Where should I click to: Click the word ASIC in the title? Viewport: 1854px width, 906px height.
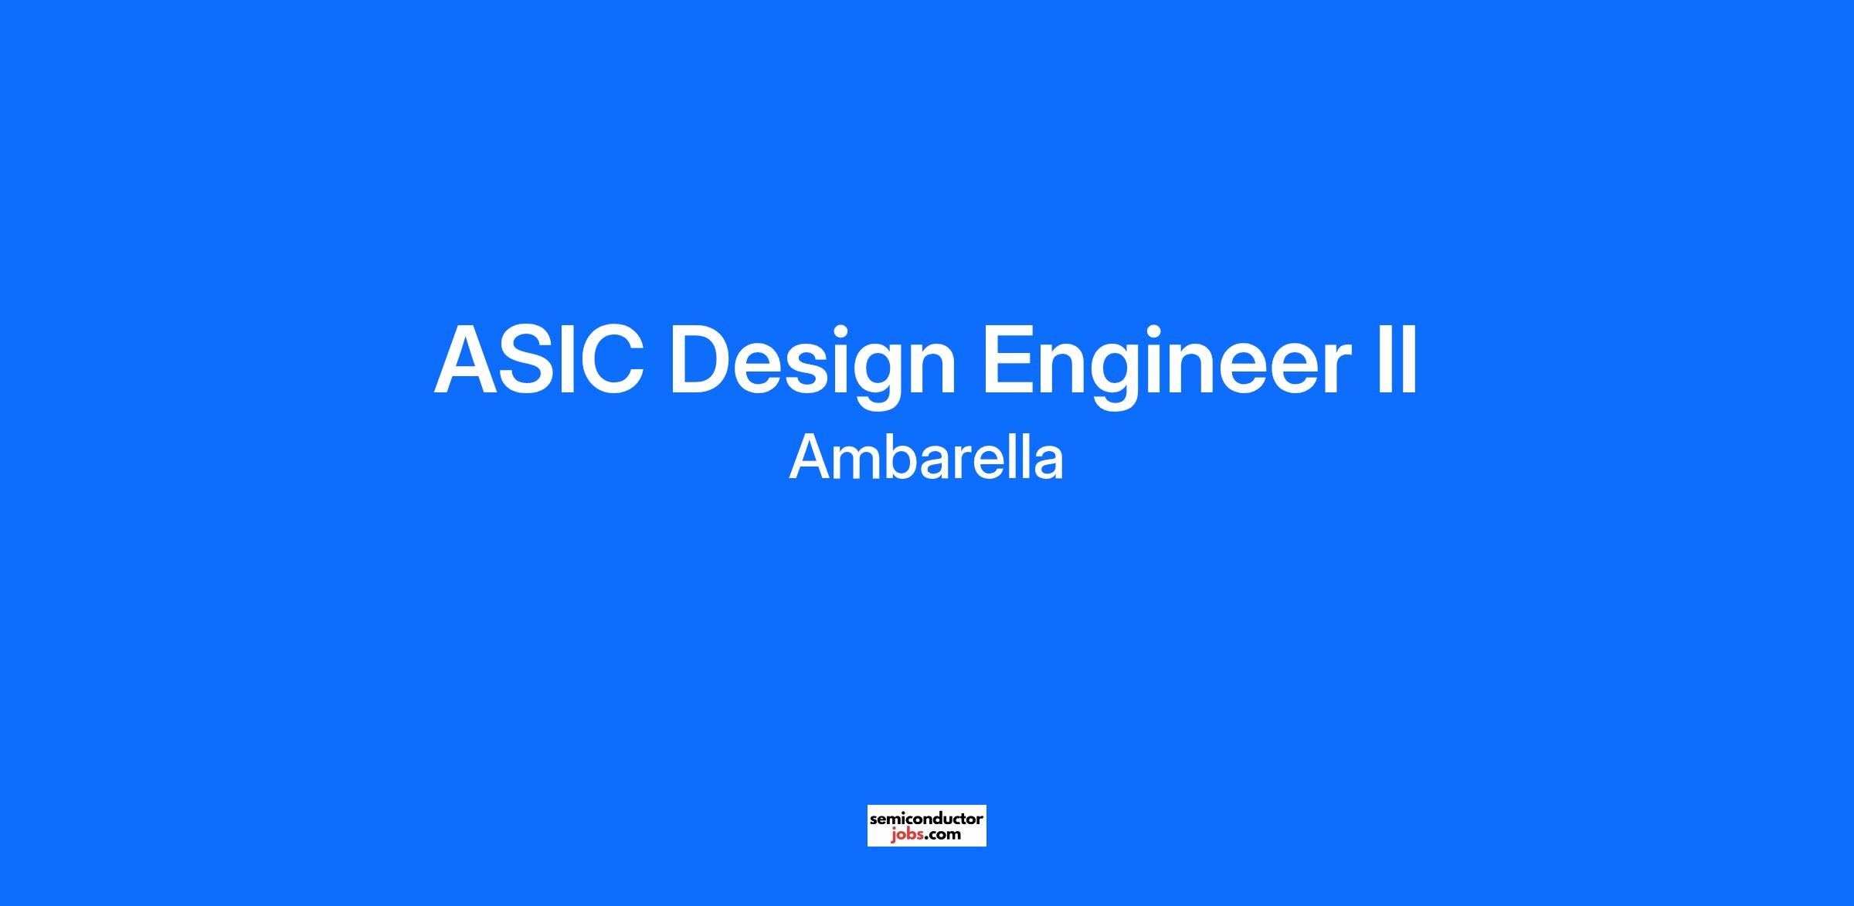pos(538,361)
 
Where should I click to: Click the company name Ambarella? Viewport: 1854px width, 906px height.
pos(926,457)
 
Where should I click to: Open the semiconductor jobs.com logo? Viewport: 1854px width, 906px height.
pos(926,826)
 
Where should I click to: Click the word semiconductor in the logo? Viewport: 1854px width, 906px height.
pos(926,818)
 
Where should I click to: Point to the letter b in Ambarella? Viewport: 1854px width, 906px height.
pos(903,457)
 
